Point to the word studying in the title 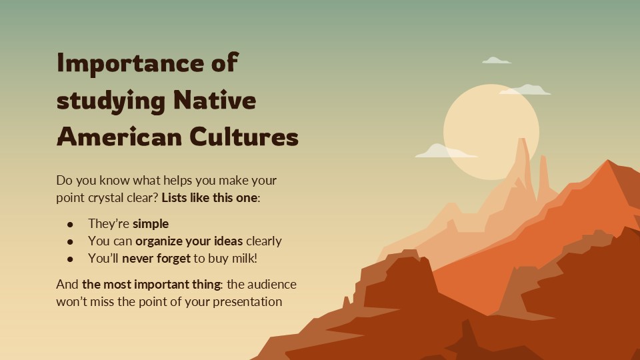click(x=110, y=102)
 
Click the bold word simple click(x=151, y=223)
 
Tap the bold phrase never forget click(x=157, y=259)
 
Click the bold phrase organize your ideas click(x=190, y=241)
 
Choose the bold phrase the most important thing click(x=152, y=284)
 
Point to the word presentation click(x=245, y=301)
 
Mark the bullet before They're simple click(x=70, y=224)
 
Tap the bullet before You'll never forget click(x=70, y=259)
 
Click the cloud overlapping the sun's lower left click(x=443, y=151)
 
